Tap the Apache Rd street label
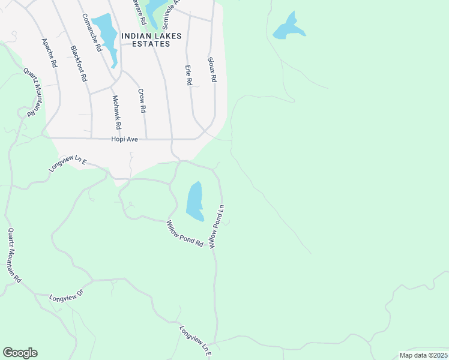[49, 52]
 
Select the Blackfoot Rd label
[79, 64]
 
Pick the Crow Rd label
[142, 101]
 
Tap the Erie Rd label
[188, 73]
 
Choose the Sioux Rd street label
[211, 70]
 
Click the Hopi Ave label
[125, 139]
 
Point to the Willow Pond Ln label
[216, 226]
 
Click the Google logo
[20, 353]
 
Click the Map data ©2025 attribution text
[423, 355]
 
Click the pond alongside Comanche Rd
[108, 32]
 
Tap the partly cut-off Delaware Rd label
[143, 11]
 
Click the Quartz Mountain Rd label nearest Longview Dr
[14, 255]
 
